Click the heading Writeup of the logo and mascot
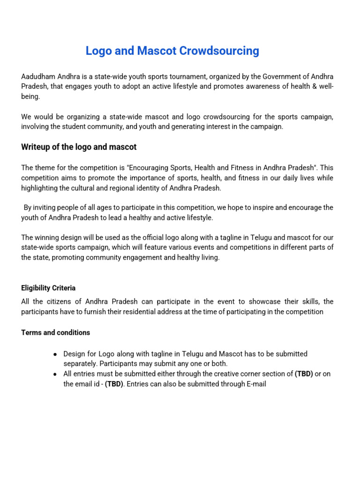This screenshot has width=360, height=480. tap(79, 147)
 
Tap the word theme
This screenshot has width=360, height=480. tap(45, 168)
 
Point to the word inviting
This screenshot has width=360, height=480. tap(45, 208)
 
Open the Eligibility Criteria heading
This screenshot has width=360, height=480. tap(48, 288)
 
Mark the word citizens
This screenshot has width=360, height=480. tap(63, 301)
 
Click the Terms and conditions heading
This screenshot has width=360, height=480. tap(56, 332)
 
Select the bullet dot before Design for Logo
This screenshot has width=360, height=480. tap(56, 354)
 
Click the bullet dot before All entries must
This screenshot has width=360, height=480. tap(56, 375)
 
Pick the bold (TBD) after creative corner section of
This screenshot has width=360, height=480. tap(304, 374)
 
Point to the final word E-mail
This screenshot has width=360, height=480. tap(255, 384)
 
